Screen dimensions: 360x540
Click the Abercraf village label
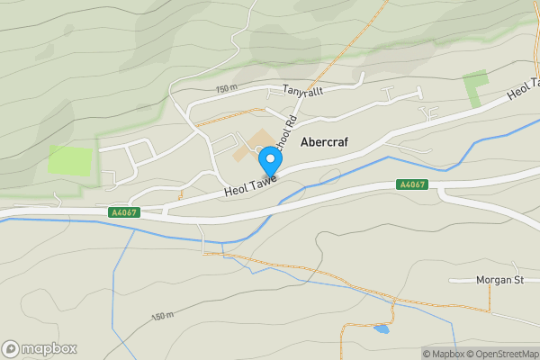tap(324, 141)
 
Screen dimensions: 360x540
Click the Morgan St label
tap(498, 280)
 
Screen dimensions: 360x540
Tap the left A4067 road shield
tap(123, 212)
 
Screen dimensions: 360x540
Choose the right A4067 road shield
tap(411, 184)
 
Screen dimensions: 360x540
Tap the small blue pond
tap(382, 330)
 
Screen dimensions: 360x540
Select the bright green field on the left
tap(70, 160)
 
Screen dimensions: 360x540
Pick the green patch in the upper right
tap(475, 87)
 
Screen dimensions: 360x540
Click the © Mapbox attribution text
tap(443, 353)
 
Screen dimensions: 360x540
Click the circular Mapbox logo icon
tap(12, 348)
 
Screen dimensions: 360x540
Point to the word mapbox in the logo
tap(49, 348)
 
